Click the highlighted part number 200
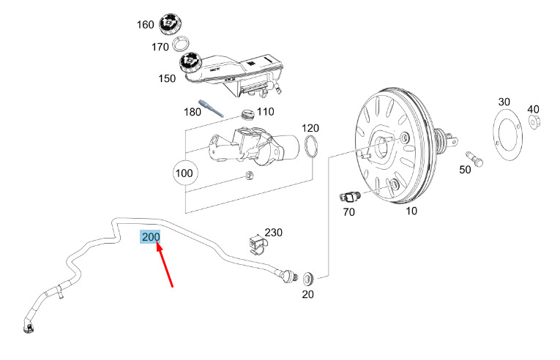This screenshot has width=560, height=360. pos(151,237)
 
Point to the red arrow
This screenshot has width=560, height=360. pos(165,263)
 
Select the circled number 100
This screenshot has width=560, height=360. pos(184,173)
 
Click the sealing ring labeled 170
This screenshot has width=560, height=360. pos(181,45)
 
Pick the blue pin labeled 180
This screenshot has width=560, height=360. pos(211,108)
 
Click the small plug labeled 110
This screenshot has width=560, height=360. pos(247,114)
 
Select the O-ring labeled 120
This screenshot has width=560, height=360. pos(311,146)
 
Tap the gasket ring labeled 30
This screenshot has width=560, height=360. pos(507,134)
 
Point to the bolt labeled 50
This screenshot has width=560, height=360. pos(474,160)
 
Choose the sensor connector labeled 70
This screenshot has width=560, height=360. pos(350,197)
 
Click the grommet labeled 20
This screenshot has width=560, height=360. pos(308,278)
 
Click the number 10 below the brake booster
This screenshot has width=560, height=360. pos(411,211)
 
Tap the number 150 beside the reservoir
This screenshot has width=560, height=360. pos(167,78)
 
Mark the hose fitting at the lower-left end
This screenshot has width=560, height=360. pos(29,327)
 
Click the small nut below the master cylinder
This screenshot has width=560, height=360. pos(249,176)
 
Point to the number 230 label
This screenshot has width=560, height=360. pos(273,233)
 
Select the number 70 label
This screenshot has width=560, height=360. pos(348,212)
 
